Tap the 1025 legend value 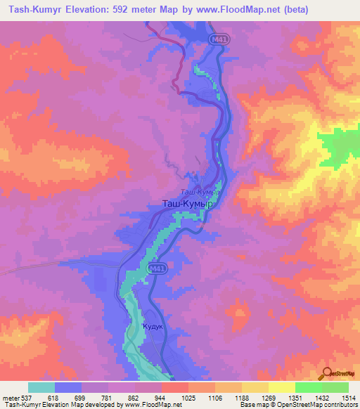coord(180,398)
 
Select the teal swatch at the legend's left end coord(41,387)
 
